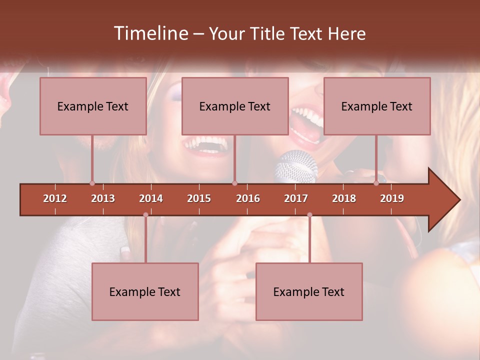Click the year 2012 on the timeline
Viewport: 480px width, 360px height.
coord(55,198)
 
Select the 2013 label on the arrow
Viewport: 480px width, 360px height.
coord(103,198)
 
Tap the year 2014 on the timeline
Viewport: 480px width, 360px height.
coord(151,198)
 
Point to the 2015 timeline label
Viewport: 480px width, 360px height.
coord(199,198)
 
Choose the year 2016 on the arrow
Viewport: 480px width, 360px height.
coord(248,198)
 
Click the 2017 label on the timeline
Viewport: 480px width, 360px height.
coord(296,198)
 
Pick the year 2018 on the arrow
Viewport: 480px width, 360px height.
coord(344,198)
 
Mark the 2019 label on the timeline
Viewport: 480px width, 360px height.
coord(392,198)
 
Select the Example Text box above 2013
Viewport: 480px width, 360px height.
coord(93,106)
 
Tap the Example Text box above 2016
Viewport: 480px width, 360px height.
coord(235,106)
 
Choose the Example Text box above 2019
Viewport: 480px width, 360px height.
coord(377,106)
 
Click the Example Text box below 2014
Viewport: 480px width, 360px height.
coord(145,291)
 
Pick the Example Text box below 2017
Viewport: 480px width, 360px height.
coord(309,291)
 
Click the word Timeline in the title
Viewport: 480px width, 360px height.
coord(150,33)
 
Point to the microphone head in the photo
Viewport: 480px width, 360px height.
coord(296,166)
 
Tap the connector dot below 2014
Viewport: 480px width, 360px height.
coord(145,215)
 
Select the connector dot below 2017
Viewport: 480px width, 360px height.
coord(309,215)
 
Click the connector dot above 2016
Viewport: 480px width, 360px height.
coord(235,183)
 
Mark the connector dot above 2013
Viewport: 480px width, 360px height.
coord(92,183)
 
